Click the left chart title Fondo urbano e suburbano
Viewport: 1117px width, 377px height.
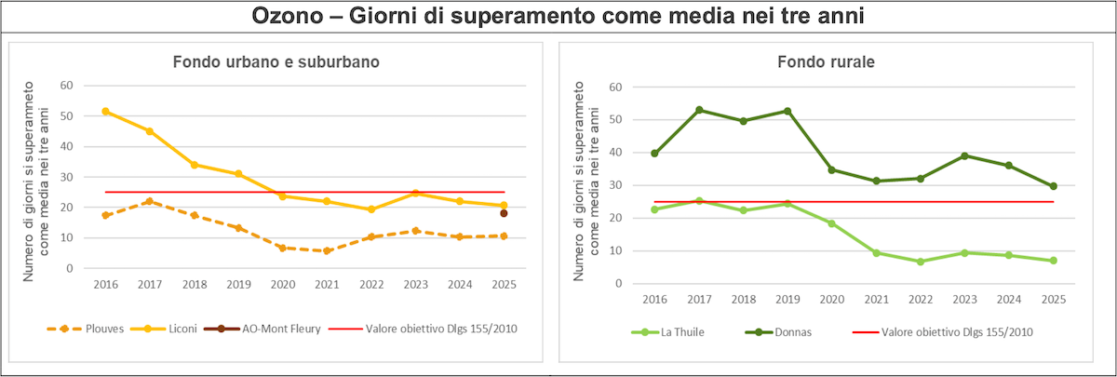[276, 61]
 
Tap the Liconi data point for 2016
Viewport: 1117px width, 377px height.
[105, 111]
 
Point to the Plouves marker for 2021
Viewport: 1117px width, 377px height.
[327, 251]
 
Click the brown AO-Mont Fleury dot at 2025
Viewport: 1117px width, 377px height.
[504, 213]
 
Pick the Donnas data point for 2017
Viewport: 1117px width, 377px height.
[698, 110]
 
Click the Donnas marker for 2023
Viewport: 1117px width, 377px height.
[964, 155]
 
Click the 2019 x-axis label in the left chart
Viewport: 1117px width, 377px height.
[238, 283]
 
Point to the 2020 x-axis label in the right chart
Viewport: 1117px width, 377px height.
[831, 299]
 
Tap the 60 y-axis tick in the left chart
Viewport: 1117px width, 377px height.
[66, 86]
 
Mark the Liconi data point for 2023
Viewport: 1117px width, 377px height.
[415, 193]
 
